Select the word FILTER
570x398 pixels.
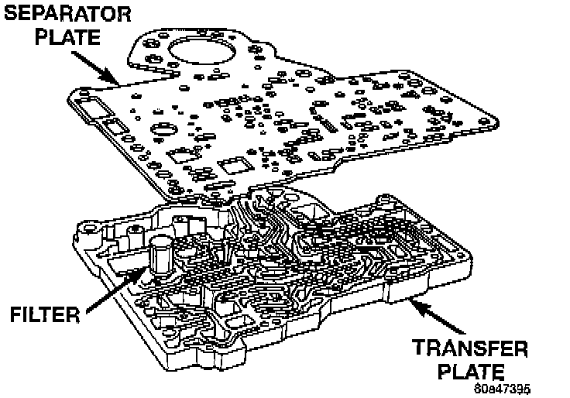coord(46,314)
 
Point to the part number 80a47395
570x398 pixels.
coord(503,388)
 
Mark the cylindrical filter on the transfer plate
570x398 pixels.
coord(161,256)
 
